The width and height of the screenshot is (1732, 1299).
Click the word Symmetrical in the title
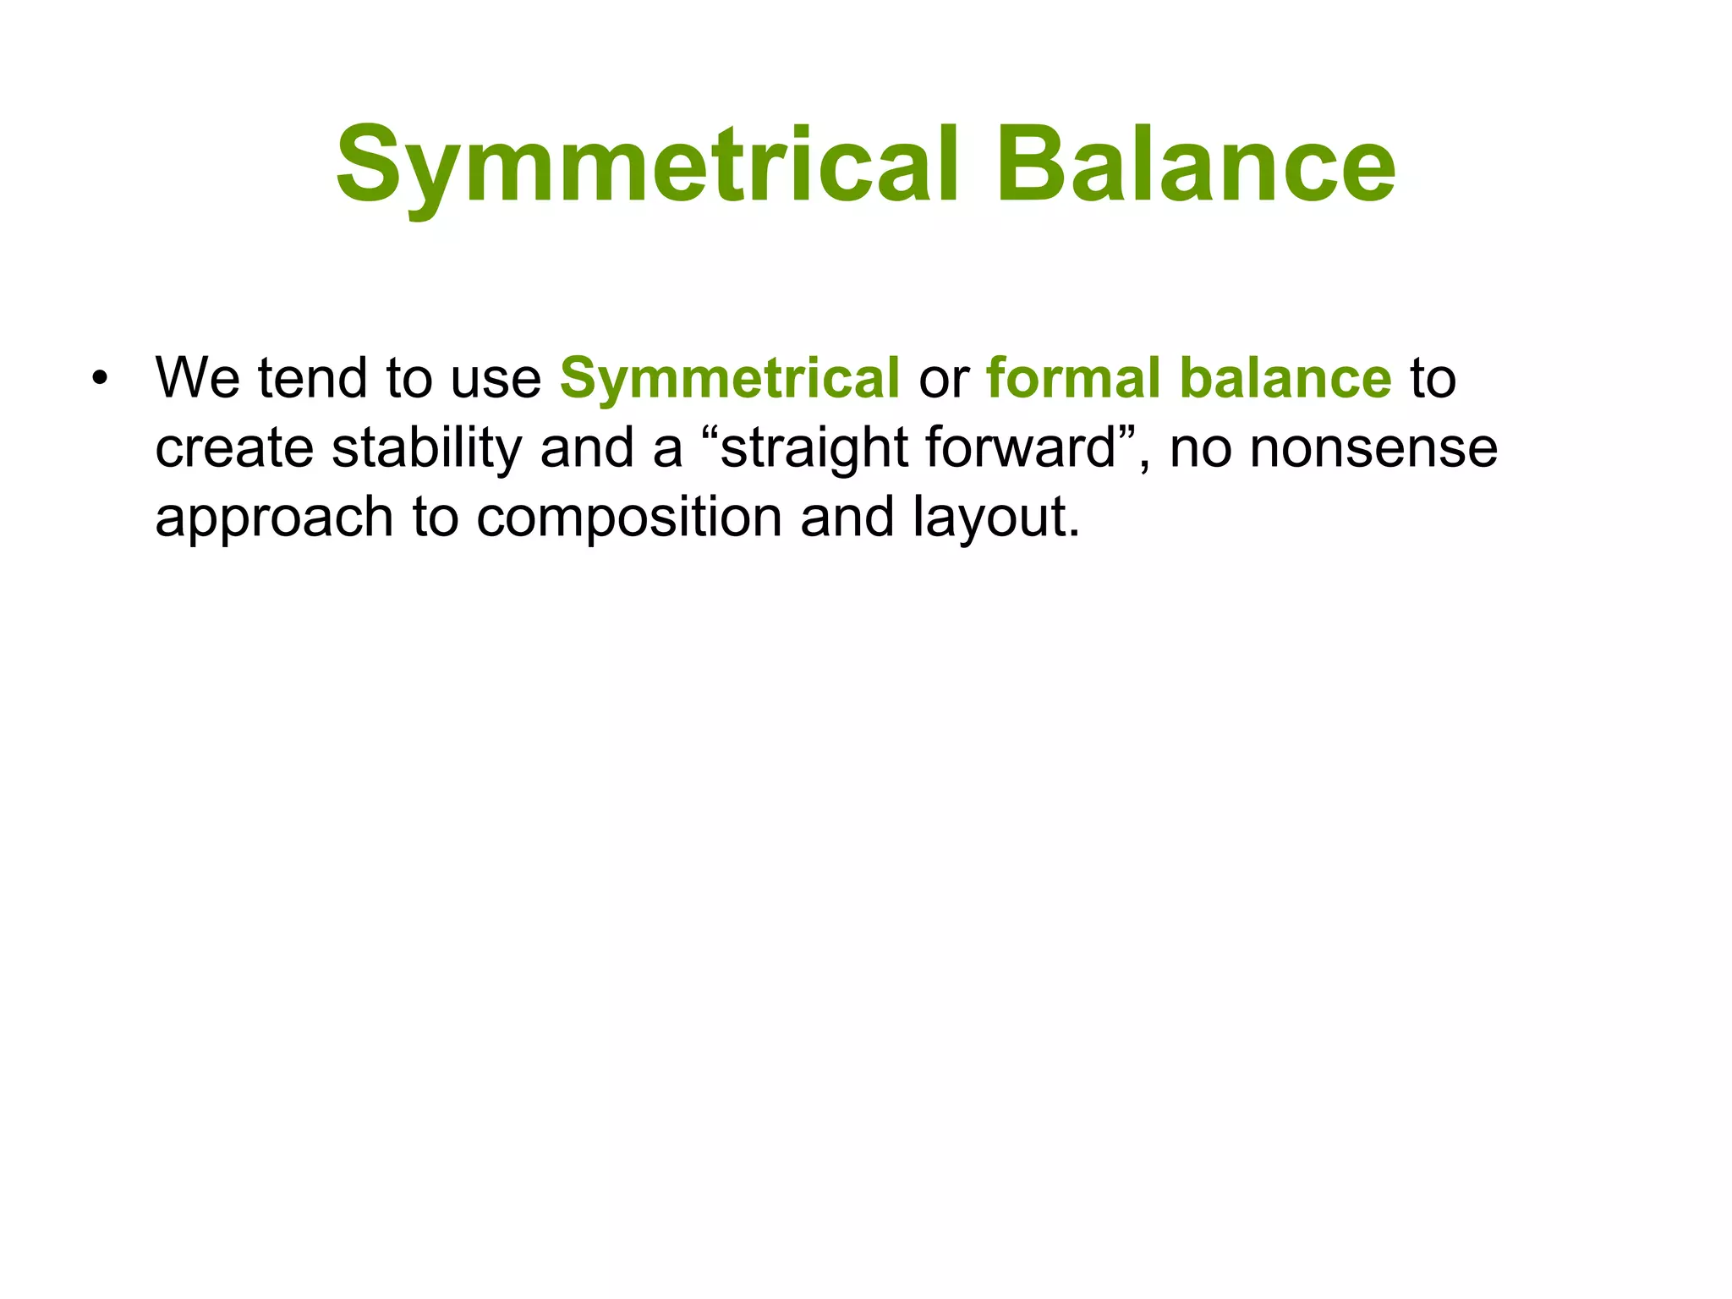(647, 166)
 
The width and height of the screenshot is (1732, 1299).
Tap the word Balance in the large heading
(1196, 166)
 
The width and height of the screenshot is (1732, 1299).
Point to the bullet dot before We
(101, 378)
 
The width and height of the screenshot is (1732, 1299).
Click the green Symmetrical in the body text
(730, 379)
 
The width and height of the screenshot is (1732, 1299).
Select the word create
(234, 448)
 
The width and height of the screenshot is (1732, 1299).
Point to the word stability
(427, 448)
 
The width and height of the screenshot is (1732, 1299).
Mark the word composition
(629, 518)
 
